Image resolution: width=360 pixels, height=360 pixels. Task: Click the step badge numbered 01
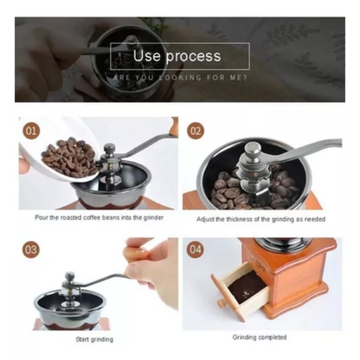click(x=31, y=131)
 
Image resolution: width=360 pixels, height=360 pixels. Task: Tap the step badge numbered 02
click(x=195, y=131)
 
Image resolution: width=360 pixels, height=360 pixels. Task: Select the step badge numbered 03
click(x=31, y=250)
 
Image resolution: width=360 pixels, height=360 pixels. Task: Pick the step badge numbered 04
click(x=195, y=250)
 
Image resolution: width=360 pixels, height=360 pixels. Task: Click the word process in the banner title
click(x=193, y=56)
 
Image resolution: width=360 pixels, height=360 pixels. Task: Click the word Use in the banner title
click(x=146, y=55)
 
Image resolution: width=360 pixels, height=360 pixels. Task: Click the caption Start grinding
click(x=94, y=339)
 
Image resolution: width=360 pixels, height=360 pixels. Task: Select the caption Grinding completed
click(x=259, y=337)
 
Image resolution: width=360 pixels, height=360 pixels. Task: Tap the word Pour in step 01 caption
click(x=41, y=217)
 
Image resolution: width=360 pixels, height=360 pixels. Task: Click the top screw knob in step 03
click(x=70, y=277)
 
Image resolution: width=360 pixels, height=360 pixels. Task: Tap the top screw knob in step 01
click(x=109, y=149)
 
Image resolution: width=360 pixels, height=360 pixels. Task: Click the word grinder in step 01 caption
click(x=154, y=217)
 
